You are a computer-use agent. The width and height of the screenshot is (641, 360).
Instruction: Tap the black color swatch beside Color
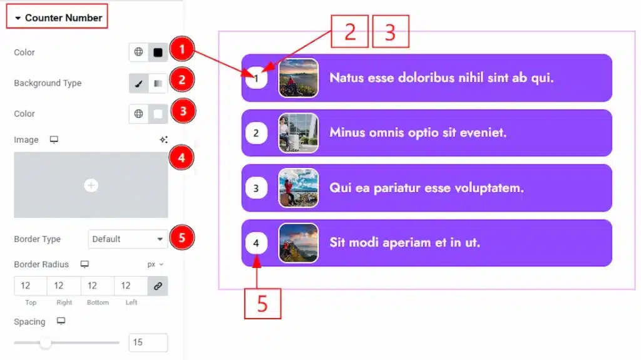[158, 53]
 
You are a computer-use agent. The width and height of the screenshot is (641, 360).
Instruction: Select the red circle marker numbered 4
[182, 158]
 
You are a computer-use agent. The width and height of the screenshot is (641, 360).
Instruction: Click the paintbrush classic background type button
[138, 83]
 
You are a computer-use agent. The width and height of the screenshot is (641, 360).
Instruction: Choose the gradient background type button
[158, 83]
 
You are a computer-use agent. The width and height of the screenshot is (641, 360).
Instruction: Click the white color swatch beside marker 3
[158, 114]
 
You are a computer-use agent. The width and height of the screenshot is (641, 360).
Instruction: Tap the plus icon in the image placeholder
[91, 185]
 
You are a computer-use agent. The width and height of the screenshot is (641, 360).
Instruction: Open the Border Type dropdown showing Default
[128, 239]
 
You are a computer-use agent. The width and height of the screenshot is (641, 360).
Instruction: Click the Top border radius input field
[30, 285]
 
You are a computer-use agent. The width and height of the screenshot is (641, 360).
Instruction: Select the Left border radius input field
[130, 285]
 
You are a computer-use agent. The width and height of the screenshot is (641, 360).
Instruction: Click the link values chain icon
[158, 286]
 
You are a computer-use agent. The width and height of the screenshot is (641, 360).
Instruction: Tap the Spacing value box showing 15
[148, 342]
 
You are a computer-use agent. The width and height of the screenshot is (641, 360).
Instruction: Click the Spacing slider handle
[45, 343]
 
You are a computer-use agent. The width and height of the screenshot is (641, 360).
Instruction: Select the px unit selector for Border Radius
[155, 264]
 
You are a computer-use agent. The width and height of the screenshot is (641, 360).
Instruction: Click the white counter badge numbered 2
[256, 133]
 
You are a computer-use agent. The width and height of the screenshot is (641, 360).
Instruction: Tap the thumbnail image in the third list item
[299, 188]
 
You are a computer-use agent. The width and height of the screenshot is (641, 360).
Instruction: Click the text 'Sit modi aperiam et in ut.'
[405, 242]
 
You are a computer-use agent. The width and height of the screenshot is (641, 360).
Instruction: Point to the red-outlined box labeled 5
[262, 304]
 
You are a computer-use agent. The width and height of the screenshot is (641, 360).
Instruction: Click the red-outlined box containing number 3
[391, 31]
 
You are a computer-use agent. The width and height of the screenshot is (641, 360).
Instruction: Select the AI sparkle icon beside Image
[163, 140]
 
